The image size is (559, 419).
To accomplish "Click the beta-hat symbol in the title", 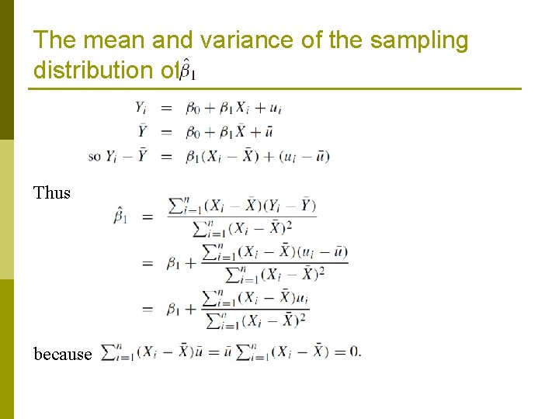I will click(187, 72).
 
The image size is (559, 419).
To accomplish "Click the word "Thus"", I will click(52, 193).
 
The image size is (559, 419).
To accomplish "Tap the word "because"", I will click(63, 355).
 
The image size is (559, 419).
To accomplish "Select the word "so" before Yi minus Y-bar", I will click(95, 157).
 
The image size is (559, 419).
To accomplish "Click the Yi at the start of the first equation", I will click(142, 108).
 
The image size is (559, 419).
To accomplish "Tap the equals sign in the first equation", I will click(167, 109).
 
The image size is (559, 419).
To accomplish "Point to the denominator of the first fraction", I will click(243, 227).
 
